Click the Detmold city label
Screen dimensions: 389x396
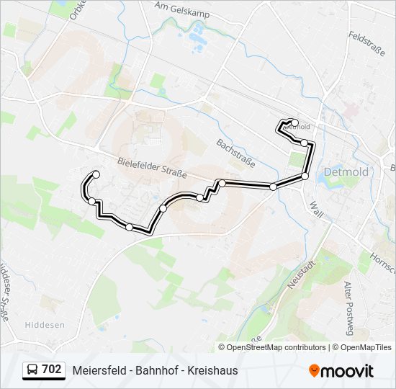(346, 172)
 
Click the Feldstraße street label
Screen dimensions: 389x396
(368, 45)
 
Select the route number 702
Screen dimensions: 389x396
(51, 370)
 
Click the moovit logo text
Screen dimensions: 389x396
(348, 371)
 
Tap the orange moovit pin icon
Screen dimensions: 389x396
(314, 371)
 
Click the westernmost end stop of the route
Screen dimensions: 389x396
(96, 174)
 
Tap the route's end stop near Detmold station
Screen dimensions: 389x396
(294, 122)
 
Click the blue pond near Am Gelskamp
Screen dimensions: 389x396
(197, 33)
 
